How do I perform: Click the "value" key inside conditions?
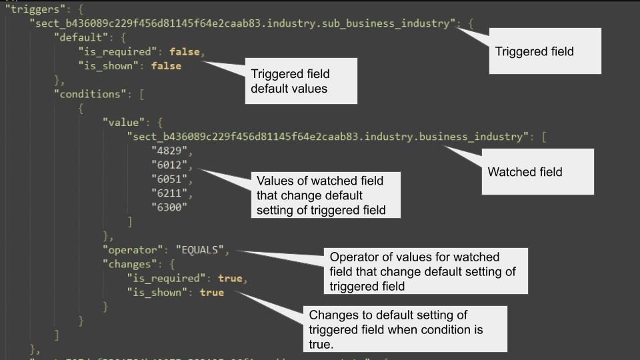point(124,123)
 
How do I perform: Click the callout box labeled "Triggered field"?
point(544,51)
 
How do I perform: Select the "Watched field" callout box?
point(537,171)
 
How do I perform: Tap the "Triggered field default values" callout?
point(301,81)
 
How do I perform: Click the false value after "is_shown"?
point(166,66)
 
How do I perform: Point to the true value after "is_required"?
point(230,278)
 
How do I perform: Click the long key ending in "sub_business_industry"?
point(244,23)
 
